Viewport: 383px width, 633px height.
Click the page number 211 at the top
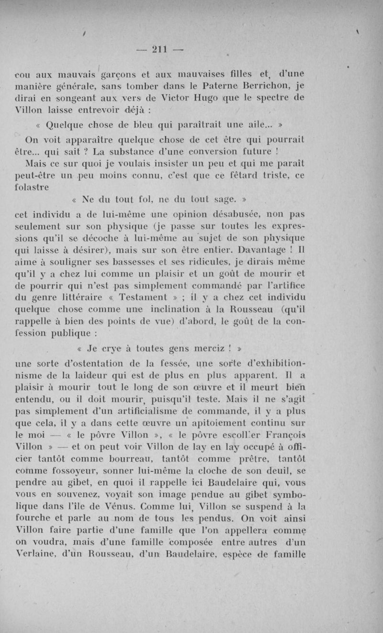click(x=158, y=49)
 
